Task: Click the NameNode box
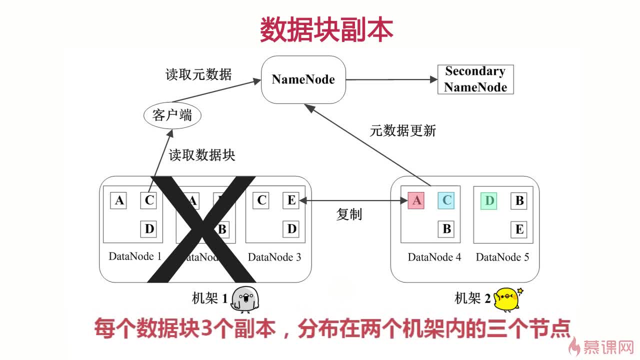pos(303,79)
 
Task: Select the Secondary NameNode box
pos(475,79)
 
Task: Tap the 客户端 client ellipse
pos(172,116)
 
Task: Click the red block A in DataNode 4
pos(416,200)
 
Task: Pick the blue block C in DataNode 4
pos(446,200)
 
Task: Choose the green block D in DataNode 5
pos(489,200)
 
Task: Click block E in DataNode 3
pos(291,200)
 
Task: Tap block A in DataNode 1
pos(119,200)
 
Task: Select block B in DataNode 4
pos(446,229)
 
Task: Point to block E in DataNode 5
pos(519,229)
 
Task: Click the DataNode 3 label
pos(274,257)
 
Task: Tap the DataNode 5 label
pos(502,257)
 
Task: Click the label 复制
pos(349,214)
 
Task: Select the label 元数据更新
pos(403,131)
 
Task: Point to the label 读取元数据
pos(198,74)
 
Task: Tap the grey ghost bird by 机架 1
pos(245,299)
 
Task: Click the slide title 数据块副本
pos(326,30)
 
